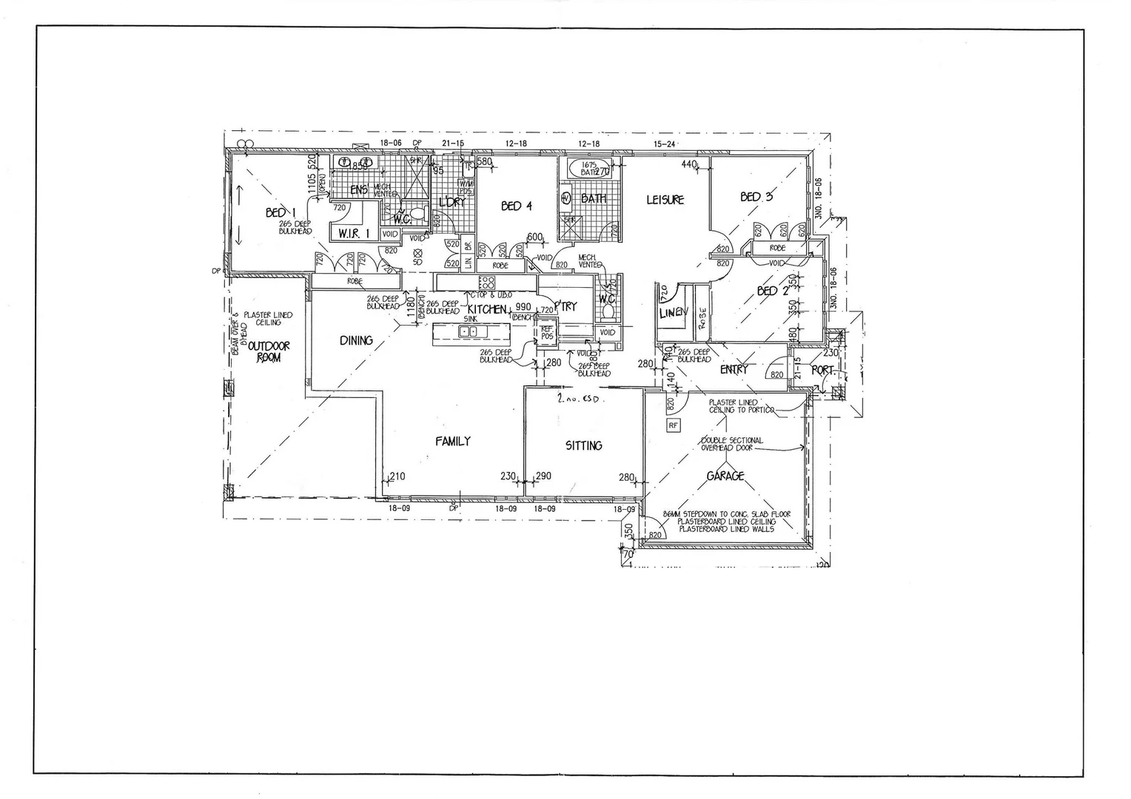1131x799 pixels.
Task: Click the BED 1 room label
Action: [x=275, y=213]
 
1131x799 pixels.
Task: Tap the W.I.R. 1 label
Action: [x=354, y=234]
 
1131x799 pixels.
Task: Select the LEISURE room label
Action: [x=665, y=199]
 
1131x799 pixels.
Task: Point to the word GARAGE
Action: [x=725, y=476]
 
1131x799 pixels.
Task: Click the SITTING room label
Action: [x=583, y=445]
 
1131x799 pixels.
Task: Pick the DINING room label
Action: [x=356, y=340]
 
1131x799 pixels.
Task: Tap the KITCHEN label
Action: [x=486, y=309]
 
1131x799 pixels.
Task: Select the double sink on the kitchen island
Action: [x=468, y=331]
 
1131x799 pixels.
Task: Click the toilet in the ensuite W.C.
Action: [x=417, y=215]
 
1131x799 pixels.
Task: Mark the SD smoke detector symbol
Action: [x=417, y=257]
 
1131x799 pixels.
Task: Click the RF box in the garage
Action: [x=673, y=425]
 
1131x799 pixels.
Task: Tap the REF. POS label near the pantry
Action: [x=547, y=334]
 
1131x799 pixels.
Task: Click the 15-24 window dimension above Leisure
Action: [x=665, y=144]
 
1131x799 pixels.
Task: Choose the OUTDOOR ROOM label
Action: [x=268, y=351]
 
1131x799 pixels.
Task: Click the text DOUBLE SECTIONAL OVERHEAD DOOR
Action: [x=731, y=444]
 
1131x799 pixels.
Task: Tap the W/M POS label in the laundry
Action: [x=466, y=187]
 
